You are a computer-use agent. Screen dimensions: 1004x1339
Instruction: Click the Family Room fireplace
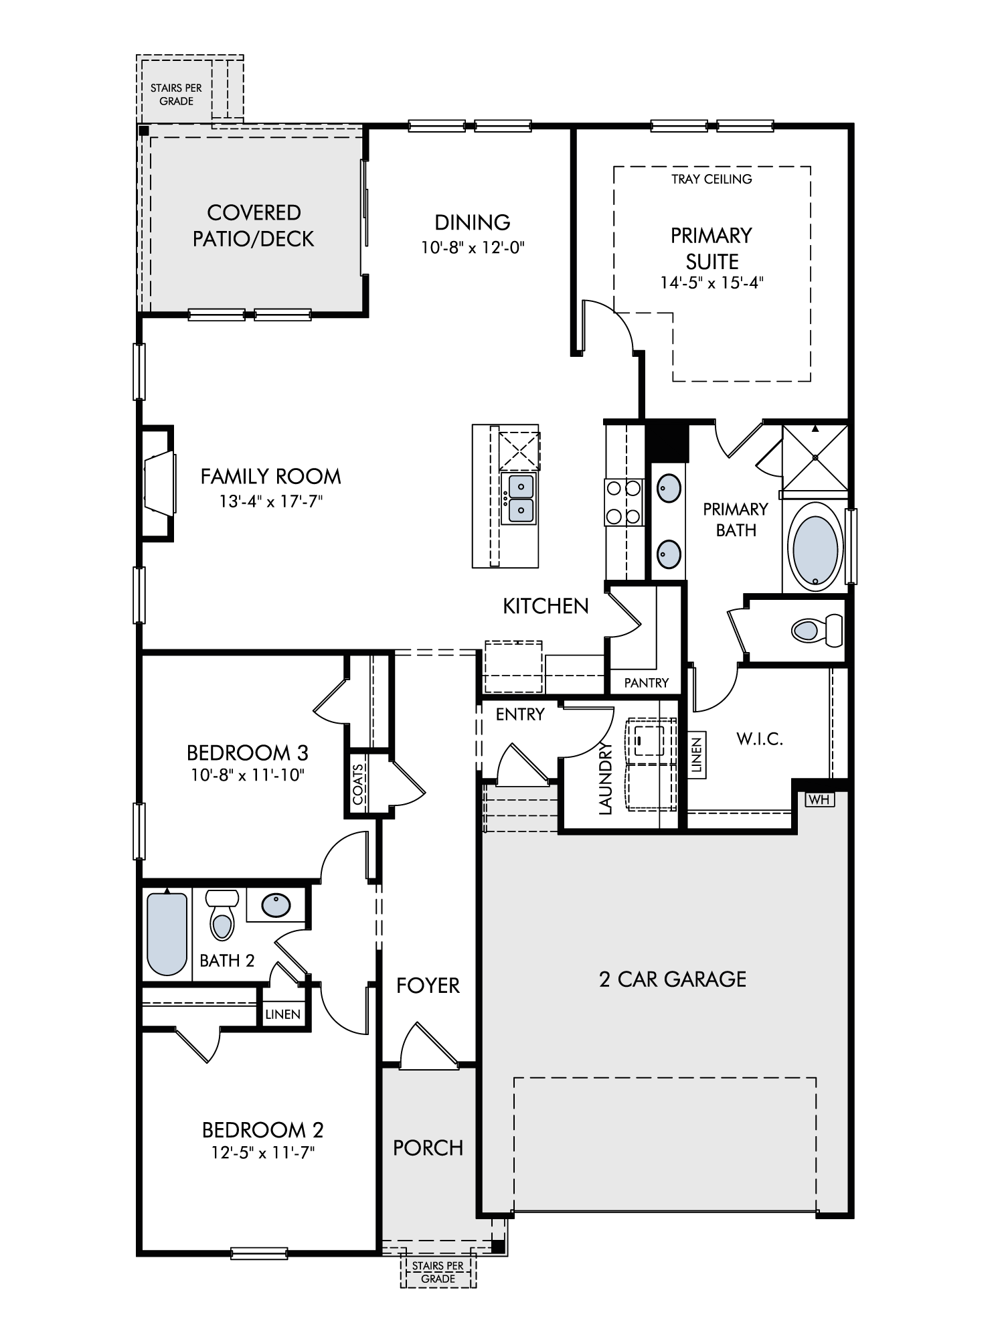(x=157, y=483)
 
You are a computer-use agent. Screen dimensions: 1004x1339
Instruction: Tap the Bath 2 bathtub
(x=167, y=933)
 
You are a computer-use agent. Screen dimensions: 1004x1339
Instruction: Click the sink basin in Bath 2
(x=276, y=906)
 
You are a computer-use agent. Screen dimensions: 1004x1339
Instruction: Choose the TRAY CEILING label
(x=712, y=179)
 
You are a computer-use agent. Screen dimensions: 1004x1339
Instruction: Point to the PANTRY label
(x=646, y=683)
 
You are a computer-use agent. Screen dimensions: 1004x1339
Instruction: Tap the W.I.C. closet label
(x=760, y=739)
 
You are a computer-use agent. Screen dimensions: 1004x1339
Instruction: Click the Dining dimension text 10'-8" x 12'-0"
(x=473, y=248)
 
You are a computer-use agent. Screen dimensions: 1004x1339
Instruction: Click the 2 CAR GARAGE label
(x=673, y=979)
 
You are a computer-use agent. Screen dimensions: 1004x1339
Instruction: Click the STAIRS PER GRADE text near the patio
(x=176, y=94)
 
